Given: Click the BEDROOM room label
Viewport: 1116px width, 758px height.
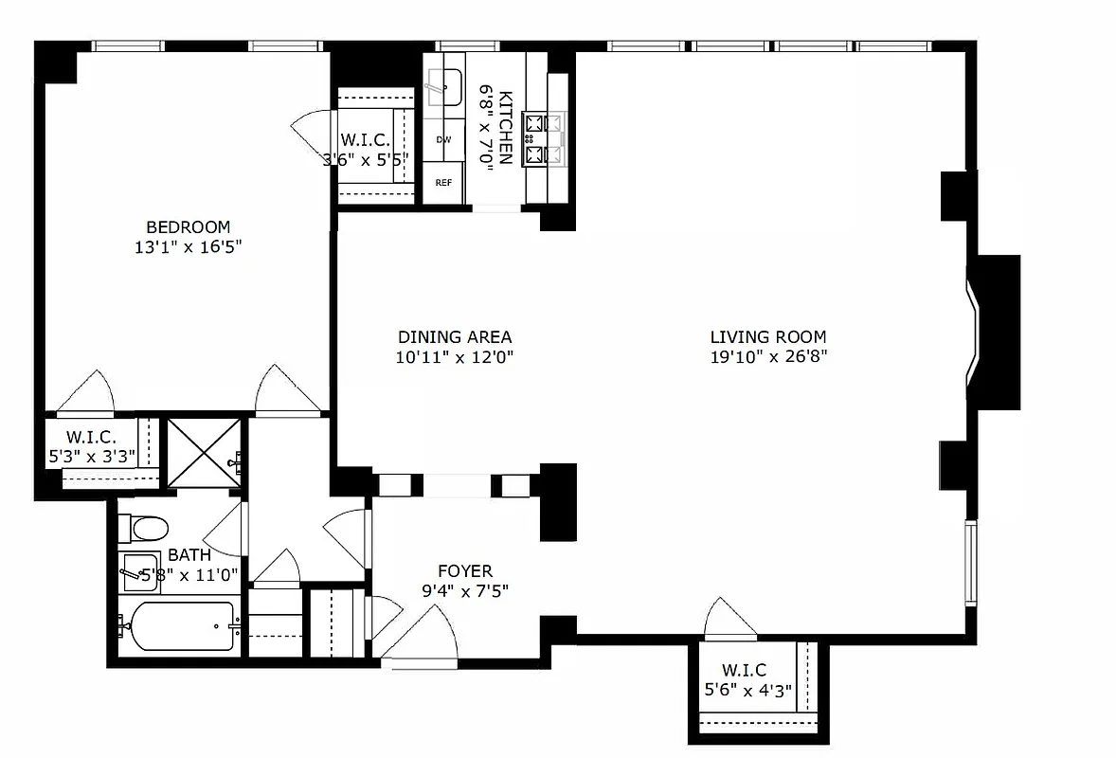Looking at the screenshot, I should pyautogui.click(x=188, y=227).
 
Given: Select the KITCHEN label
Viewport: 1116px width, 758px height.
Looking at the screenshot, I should pyautogui.click(x=506, y=128).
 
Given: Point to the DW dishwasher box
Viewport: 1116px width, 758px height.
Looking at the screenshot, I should pyautogui.click(x=443, y=140).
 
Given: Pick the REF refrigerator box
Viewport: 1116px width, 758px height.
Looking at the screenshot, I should pyautogui.click(x=443, y=182).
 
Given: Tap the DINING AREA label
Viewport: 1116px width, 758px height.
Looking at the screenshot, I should pyautogui.click(x=455, y=336).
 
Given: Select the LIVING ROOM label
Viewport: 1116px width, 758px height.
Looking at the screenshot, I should pyautogui.click(x=768, y=336).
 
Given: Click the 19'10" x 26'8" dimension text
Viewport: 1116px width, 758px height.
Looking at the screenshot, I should pyautogui.click(x=768, y=357).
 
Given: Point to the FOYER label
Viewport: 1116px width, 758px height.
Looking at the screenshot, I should pyautogui.click(x=464, y=571).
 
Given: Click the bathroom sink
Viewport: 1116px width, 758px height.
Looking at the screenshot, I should pyautogui.click(x=139, y=570).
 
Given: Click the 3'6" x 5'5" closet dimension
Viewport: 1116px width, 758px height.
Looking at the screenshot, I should pyautogui.click(x=366, y=159).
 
